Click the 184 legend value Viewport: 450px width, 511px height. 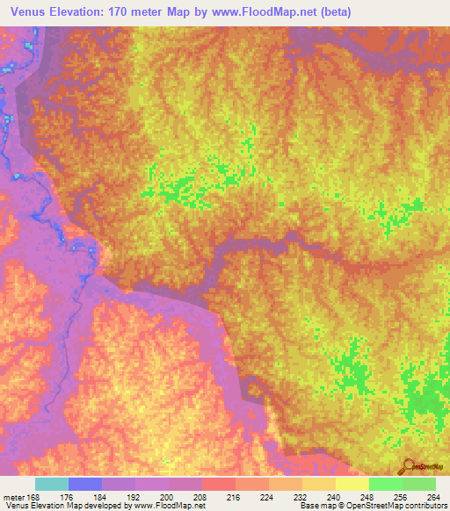coord(102,496)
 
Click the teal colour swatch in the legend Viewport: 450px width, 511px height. coord(51,484)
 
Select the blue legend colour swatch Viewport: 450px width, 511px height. coord(85,484)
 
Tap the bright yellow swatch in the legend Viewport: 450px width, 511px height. coord(352,484)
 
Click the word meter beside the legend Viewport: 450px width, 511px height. coord(12,496)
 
